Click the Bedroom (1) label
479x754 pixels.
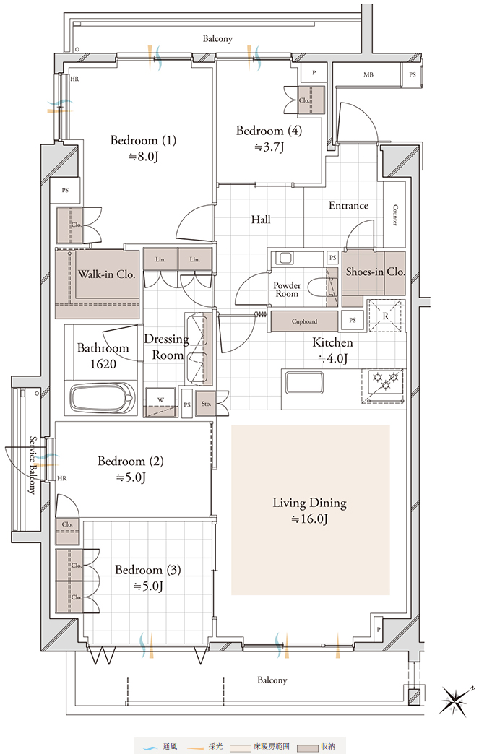[143, 140]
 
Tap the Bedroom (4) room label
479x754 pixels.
[269, 131]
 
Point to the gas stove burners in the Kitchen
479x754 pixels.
[385, 382]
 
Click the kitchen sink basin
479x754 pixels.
[303, 383]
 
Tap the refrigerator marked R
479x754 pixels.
[385, 316]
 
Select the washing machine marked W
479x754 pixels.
[161, 401]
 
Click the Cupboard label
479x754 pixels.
[304, 321]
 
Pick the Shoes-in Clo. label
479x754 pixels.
[375, 272]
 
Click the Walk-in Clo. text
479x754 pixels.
[107, 274]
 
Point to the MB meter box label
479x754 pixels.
[368, 74]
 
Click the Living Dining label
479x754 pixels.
[310, 503]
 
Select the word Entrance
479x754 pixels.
[349, 205]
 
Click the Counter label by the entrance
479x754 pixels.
[395, 215]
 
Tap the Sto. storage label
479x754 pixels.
[207, 404]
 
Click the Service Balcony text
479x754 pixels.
[33, 465]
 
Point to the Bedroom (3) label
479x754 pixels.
[148, 571]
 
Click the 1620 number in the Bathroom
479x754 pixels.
[103, 364]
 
